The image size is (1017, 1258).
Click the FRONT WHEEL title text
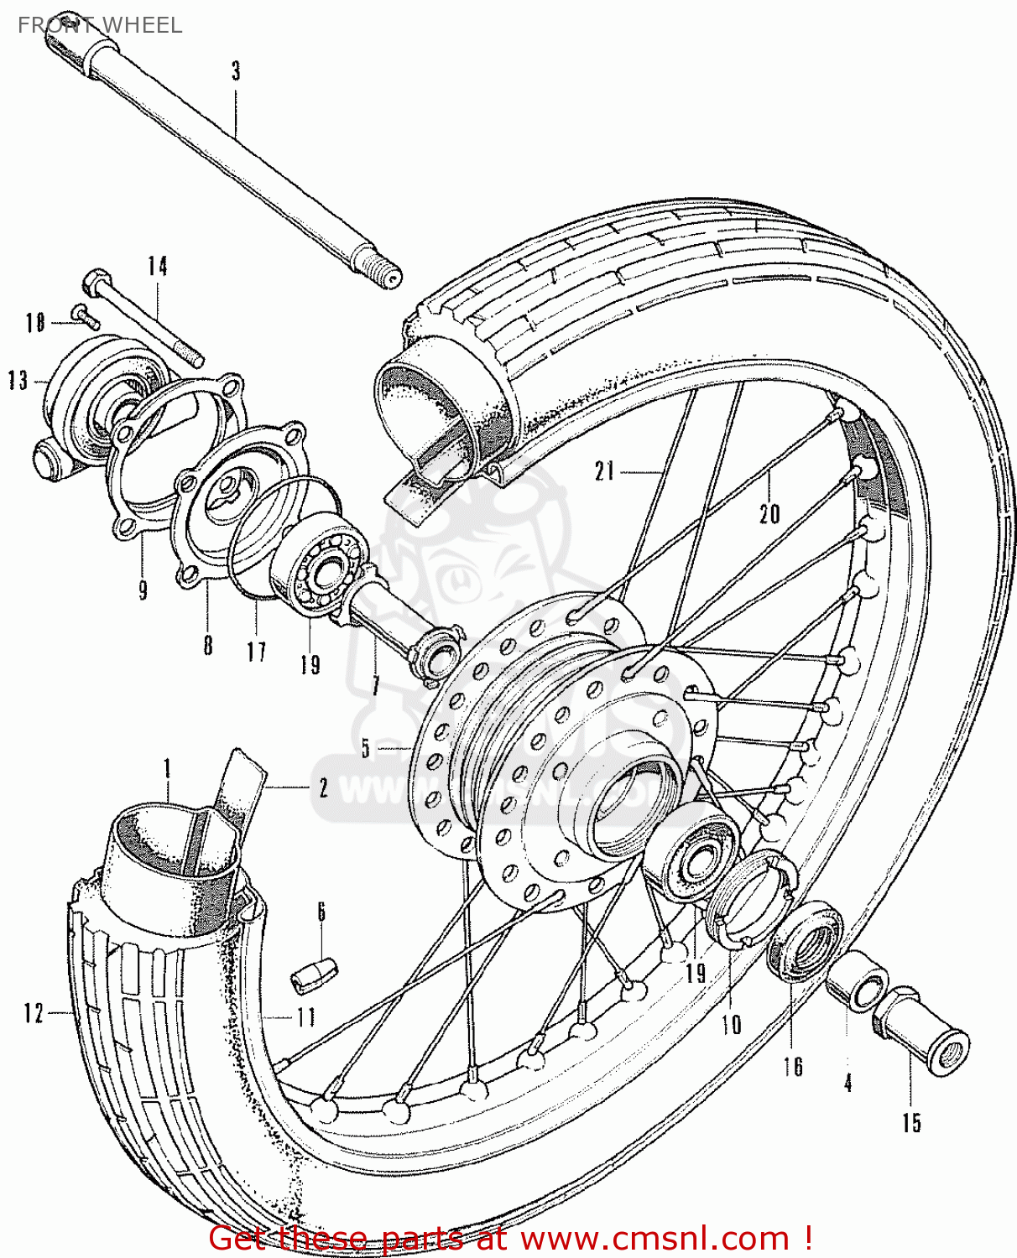pos(99,25)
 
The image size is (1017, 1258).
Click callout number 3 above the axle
pos(236,71)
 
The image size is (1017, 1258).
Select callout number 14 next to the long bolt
pos(158,267)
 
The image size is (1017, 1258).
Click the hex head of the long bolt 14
pos(93,280)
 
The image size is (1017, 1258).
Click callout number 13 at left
pos(18,381)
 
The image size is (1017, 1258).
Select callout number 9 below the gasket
pos(143,590)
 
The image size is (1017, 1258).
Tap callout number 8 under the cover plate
pos(207,645)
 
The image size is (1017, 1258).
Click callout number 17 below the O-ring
pos(256,652)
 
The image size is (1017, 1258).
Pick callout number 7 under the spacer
pos(375,685)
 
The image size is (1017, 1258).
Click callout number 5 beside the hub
pos(366,747)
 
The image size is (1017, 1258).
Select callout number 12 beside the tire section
pos(33,1013)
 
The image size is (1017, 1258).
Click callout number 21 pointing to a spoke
pos(605,471)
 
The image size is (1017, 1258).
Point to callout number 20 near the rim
pos(769,513)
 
